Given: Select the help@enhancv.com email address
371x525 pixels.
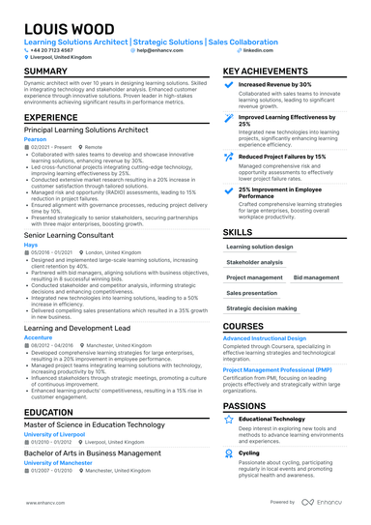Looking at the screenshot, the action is (159, 49).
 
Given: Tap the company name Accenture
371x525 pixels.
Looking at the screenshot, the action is (39, 336).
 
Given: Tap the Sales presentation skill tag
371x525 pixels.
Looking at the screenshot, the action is (251, 292).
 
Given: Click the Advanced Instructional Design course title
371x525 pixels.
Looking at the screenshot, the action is (265, 338).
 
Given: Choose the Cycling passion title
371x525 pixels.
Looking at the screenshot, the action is (249, 452).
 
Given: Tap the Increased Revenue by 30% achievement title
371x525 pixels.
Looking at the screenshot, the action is (275, 84).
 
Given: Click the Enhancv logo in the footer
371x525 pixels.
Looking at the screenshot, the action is (324, 503).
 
